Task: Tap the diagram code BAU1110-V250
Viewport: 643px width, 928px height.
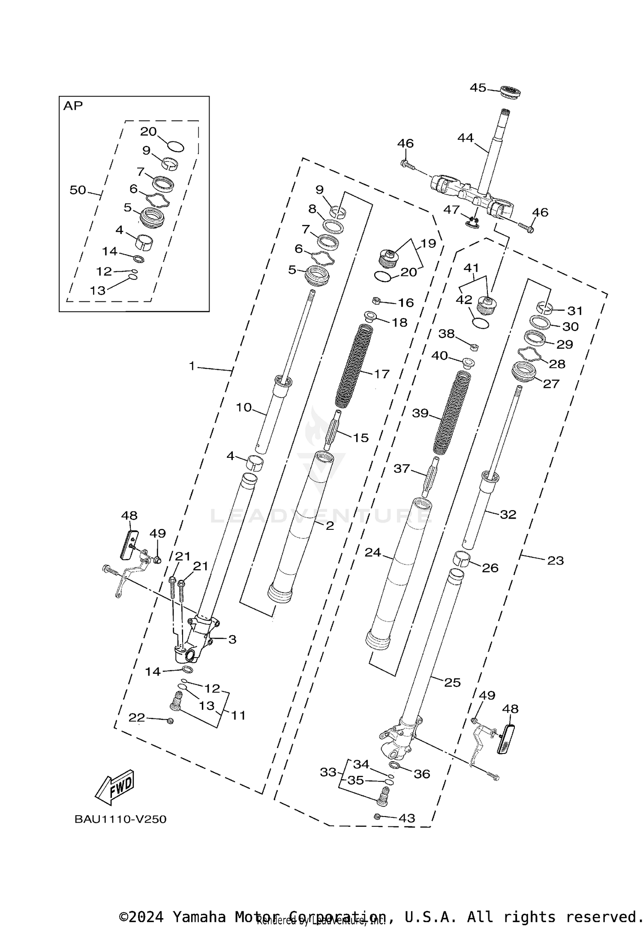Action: (120, 819)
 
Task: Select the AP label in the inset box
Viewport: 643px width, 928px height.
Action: (73, 106)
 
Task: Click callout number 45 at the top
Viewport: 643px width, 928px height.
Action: (478, 87)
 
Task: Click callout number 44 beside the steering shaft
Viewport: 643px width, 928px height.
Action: (465, 138)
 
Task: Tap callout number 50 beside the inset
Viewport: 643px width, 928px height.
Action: (78, 190)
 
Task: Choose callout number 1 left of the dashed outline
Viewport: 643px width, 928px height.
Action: (192, 366)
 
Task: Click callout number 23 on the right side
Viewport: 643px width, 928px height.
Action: (556, 560)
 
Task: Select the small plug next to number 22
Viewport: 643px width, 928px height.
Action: (170, 721)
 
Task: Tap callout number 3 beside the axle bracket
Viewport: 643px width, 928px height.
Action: (232, 640)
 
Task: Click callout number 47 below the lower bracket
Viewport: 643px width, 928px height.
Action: (451, 209)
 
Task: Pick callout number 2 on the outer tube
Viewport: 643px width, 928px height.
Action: (329, 526)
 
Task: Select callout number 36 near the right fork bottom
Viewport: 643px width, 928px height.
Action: (422, 774)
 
